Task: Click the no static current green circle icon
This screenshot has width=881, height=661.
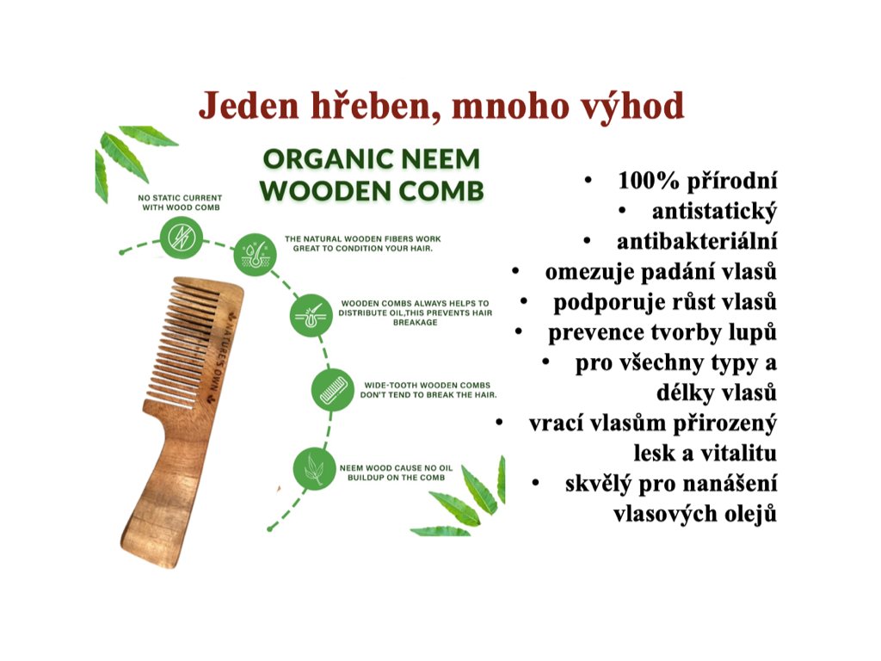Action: coord(182,238)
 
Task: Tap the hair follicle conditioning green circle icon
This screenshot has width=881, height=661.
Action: coord(255,255)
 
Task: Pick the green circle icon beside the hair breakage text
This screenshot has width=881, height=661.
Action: coord(311,315)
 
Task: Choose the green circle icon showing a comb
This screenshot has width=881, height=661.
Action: coord(333,390)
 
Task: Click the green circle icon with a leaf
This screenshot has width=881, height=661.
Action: coord(315,468)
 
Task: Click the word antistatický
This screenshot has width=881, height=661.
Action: coord(714,212)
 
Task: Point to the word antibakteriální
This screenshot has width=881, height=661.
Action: coord(697,241)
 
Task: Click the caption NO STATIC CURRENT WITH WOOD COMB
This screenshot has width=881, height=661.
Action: coord(181,202)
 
